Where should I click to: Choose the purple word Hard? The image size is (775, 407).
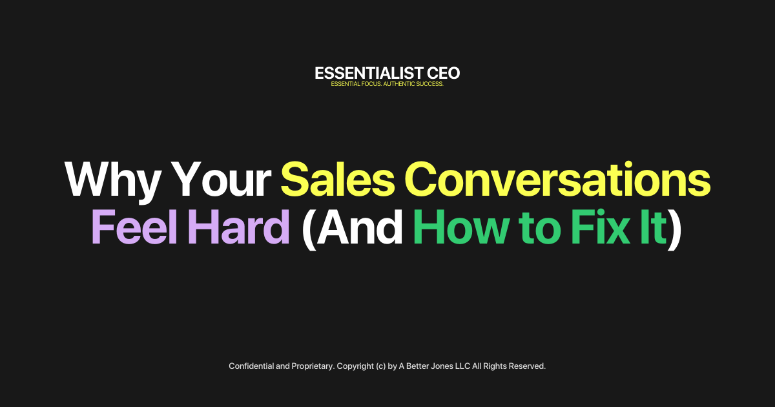[240, 227]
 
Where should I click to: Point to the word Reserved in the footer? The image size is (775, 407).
[527, 366]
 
